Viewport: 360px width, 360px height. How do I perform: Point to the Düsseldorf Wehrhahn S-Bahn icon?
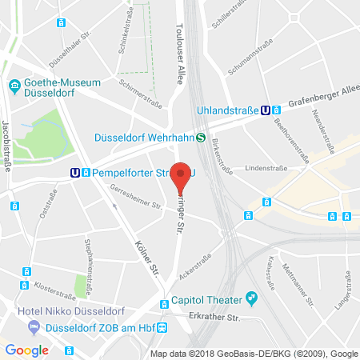pos(200,137)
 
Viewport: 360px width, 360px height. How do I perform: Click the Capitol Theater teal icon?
pos(251,298)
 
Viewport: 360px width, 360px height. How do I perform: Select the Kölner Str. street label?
pos(145,257)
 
